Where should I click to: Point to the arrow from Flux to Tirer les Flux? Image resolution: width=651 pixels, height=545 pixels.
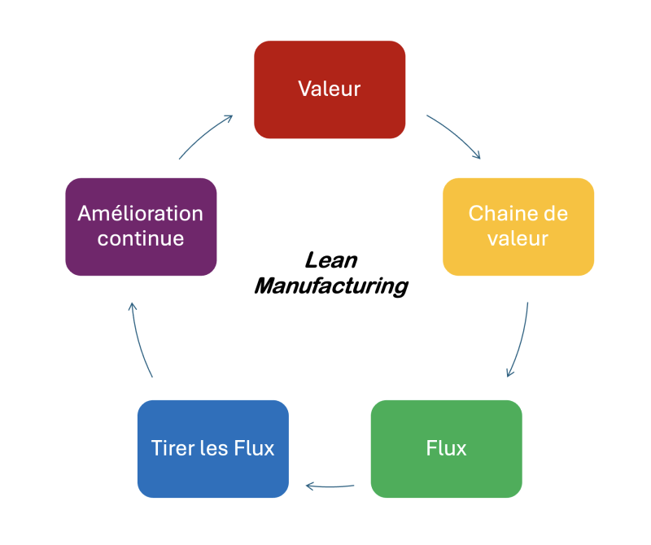pos(330,487)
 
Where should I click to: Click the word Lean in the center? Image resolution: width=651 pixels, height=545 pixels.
pos(330,260)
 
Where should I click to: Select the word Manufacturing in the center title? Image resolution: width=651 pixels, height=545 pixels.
pos(330,286)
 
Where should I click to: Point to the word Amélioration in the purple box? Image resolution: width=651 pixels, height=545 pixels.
pos(140,214)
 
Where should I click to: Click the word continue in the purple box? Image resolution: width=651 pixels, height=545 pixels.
pos(140,239)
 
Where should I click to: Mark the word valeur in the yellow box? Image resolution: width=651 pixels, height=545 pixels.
pos(518,239)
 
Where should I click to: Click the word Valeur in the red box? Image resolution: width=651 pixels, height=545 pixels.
pos(329,89)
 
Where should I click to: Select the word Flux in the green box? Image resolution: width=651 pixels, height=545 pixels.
pos(446,448)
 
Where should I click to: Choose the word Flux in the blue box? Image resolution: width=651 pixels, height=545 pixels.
pos(254,448)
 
